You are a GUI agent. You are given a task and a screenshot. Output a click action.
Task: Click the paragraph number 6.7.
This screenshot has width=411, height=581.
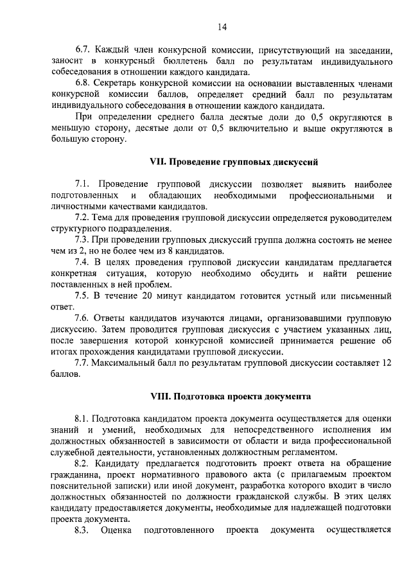click(x=82, y=49)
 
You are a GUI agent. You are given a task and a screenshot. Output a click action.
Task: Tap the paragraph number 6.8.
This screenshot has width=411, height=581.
click(x=82, y=83)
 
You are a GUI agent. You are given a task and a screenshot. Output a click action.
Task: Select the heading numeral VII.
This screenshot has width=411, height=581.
click(x=157, y=163)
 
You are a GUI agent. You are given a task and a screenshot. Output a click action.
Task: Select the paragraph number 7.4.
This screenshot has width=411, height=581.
click(x=82, y=262)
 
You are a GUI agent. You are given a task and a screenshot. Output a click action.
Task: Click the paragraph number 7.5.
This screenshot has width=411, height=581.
click(x=82, y=296)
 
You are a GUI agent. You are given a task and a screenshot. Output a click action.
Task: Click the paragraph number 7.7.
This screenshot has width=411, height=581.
click(x=82, y=363)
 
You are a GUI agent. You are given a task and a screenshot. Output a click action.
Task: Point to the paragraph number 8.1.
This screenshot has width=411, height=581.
click(x=82, y=417)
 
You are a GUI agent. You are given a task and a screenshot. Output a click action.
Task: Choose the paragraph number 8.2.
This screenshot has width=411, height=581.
click(x=82, y=462)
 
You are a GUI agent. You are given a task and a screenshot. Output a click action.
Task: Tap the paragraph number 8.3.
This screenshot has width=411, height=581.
click(x=82, y=530)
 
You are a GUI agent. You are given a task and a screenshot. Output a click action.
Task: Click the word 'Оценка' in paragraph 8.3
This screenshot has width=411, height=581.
click(x=116, y=530)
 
